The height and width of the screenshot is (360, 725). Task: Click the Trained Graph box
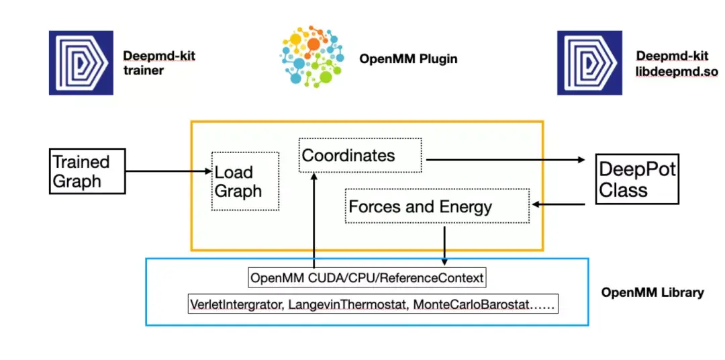coord(88,171)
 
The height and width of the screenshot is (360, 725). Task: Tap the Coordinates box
coord(360,156)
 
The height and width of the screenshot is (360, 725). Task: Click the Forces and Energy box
coord(436,206)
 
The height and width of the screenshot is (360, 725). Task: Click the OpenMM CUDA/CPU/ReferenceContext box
coord(367,277)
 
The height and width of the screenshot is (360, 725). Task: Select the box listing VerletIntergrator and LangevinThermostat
coord(373,304)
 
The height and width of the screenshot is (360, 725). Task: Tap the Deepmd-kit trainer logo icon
coord(81,63)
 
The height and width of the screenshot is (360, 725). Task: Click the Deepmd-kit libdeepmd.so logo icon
coord(590,63)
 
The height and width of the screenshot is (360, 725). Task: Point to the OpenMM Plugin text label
coord(408,59)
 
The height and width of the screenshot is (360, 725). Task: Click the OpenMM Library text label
coord(652,292)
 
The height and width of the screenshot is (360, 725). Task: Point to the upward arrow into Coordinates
coord(314,222)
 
